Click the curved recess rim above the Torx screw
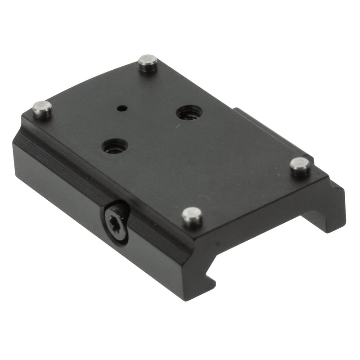click(x=118, y=205)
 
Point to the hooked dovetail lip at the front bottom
click(x=205, y=288)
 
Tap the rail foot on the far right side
click(x=328, y=207)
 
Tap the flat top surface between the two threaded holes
click(x=151, y=130)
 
